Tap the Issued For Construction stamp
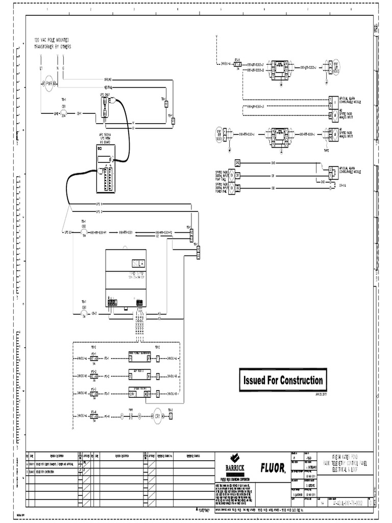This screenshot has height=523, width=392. (282, 381)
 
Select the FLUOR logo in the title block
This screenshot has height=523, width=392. (273, 467)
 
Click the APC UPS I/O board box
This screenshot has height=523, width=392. (106, 169)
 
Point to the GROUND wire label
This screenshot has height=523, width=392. (108, 80)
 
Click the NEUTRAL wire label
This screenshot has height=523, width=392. (108, 86)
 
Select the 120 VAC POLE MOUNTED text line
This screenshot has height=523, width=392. (52, 39)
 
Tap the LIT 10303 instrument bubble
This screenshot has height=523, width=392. (344, 66)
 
